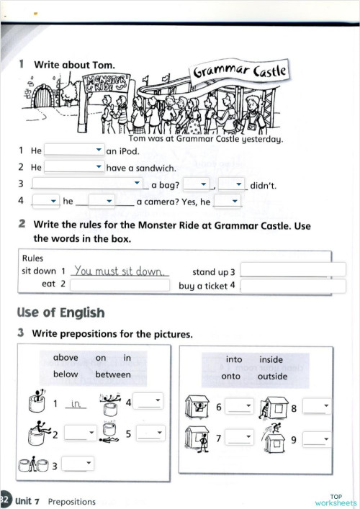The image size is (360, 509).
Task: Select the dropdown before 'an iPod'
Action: pos(74,150)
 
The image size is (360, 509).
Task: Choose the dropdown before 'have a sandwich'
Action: pos(74,167)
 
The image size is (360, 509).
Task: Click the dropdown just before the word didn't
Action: pos(233,184)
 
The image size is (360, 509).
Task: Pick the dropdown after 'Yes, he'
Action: pos(227,202)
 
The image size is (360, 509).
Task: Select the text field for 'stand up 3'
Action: pos(292,270)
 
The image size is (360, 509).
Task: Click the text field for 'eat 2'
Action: pos(121,285)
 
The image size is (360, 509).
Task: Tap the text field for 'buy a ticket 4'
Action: pos(292,286)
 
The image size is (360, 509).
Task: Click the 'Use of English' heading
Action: pos(60,312)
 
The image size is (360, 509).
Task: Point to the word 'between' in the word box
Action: pos(112,374)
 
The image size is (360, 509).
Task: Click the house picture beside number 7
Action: pos(196,437)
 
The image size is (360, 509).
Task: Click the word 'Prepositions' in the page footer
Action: pos(72,501)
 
